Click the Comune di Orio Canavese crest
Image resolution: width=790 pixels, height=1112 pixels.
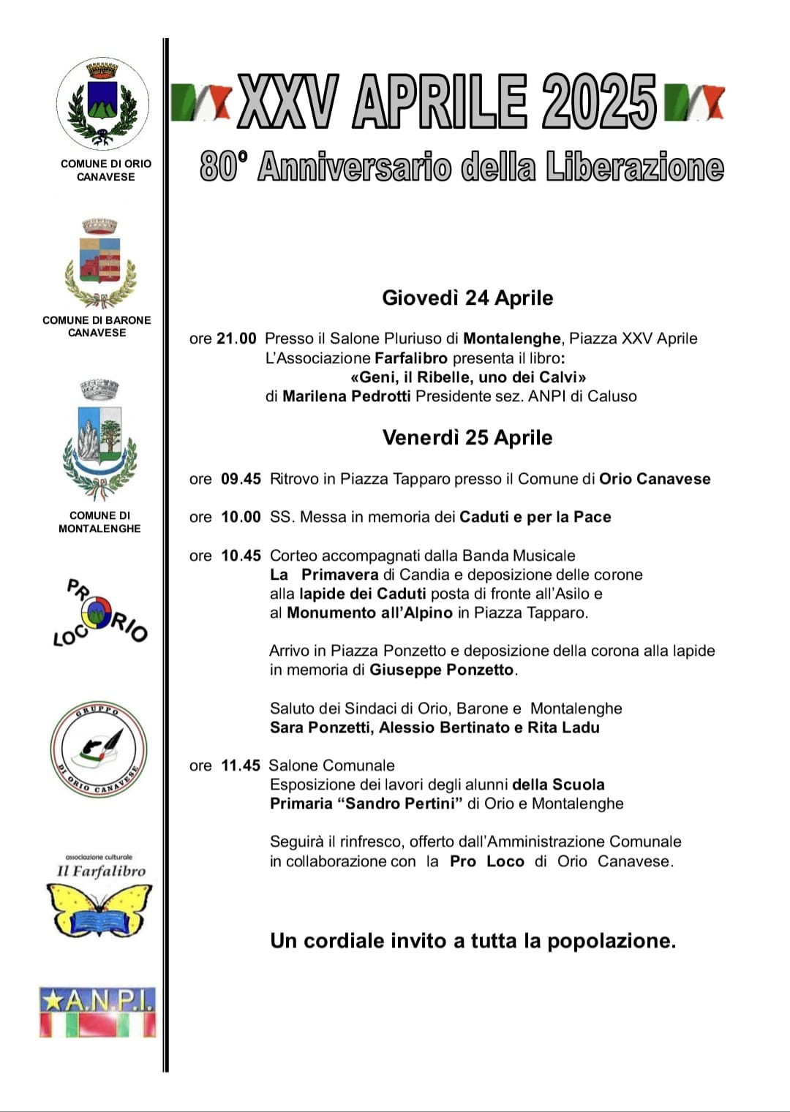102,104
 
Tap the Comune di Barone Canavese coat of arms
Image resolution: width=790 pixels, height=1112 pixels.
100,263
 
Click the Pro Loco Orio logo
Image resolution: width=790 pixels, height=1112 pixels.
99,613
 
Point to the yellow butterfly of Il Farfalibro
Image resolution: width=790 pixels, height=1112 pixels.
99,909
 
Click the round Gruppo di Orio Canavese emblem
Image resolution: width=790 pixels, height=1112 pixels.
99,749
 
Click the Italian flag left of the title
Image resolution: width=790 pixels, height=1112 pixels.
201,102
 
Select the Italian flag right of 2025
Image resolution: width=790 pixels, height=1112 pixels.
694,102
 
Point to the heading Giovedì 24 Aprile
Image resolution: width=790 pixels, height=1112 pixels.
467,298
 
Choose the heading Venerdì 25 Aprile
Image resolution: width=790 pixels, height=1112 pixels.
467,438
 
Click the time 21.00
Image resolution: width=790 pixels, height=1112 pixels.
236,338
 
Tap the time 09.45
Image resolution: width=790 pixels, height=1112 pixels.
241,479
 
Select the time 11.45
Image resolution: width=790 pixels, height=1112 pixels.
241,765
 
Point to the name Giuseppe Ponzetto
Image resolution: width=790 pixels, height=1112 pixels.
441,670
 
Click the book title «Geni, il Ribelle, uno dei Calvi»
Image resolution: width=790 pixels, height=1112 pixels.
468,377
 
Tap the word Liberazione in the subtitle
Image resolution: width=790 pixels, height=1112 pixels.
634,167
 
